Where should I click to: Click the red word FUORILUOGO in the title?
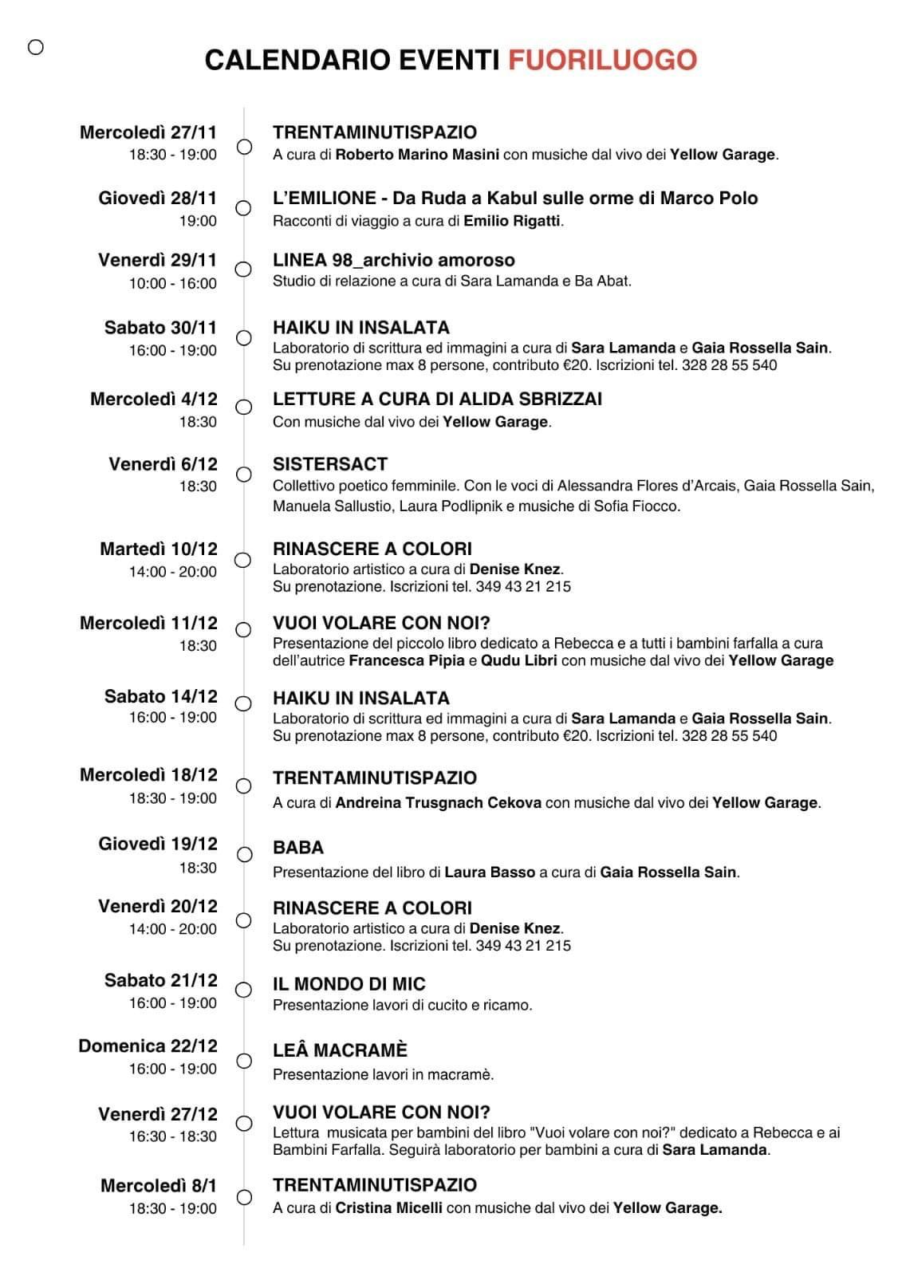[602, 60]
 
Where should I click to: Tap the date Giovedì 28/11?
[157, 198]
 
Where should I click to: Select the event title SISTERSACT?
[329, 464]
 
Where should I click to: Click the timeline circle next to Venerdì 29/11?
[244, 270]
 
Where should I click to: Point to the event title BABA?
[297, 848]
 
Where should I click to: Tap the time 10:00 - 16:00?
[173, 283]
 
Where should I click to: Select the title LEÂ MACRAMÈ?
[340, 1050]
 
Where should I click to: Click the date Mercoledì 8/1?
[158, 1186]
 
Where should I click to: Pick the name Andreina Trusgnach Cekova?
[438, 803]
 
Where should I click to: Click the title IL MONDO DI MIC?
[349, 984]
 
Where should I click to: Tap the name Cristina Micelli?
[388, 1208]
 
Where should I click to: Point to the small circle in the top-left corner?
[36, 48]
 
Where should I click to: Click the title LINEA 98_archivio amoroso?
[393, 260]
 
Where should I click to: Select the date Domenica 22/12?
[148, 1046]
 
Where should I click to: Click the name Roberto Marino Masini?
[417, 155]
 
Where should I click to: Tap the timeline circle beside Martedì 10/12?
[244, 560]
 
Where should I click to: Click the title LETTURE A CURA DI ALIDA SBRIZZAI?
[437, 399]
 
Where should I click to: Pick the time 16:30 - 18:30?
[173, 1136]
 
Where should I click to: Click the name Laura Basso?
[490, 872]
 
